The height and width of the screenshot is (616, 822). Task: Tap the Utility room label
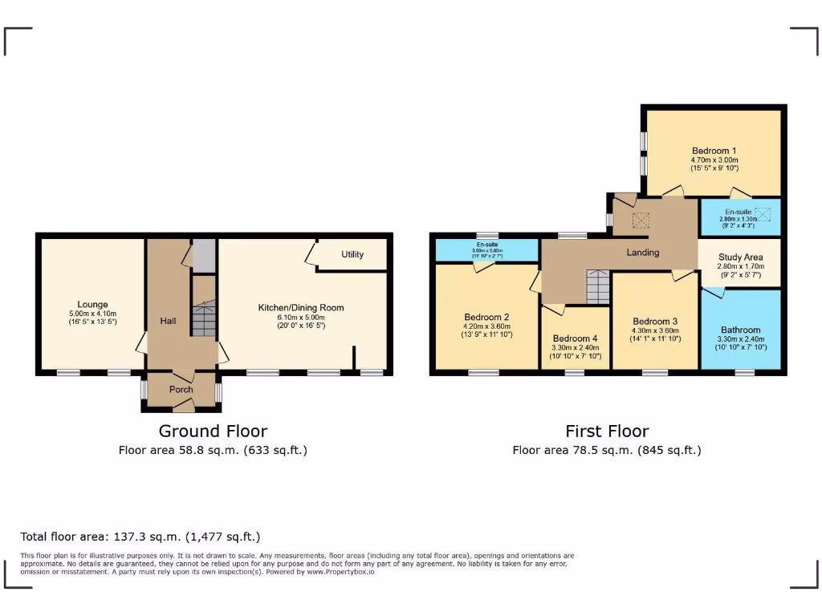click(352, 254)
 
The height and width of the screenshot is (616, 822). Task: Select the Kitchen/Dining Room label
click(300, 307)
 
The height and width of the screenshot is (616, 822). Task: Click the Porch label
click(181, 390)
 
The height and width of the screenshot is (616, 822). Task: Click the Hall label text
click(168, 321)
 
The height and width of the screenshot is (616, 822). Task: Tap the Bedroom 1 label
click(714, 151)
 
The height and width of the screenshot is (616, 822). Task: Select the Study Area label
click(740, 257)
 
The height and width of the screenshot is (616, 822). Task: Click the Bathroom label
click(740, 330)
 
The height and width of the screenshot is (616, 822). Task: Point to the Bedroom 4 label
click(575, 338)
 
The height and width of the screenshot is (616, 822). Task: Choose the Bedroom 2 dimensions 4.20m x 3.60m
click(486, 326)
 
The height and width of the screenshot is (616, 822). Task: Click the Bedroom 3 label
click(655, 321)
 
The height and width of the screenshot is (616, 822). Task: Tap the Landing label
click(643, 253)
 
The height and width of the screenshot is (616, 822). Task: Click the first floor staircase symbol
click(598, 287)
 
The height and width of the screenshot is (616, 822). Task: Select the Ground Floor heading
click(213, 432)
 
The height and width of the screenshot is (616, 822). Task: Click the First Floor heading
click(607, 432)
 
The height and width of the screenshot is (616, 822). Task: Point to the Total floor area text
click(140, 537)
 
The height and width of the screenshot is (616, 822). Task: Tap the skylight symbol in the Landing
click(641, 220)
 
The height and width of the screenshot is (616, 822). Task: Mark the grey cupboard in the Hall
click(204, 255)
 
